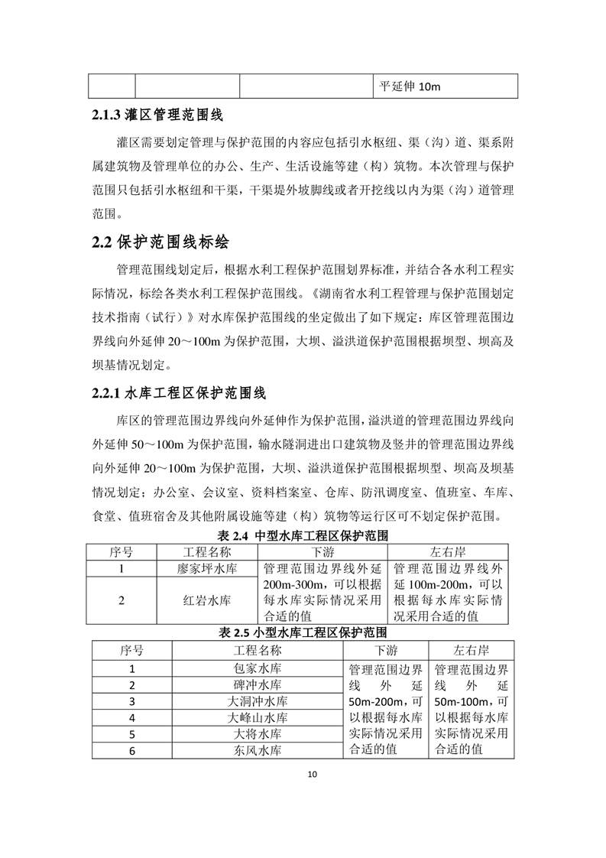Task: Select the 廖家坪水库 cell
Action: point(207,569)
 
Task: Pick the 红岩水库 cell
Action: point(207,600)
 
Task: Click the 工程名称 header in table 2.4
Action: point(207,552)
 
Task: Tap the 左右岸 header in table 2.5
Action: point(471,651)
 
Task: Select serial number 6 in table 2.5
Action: point(132,751)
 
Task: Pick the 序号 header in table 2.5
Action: point(132,651)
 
